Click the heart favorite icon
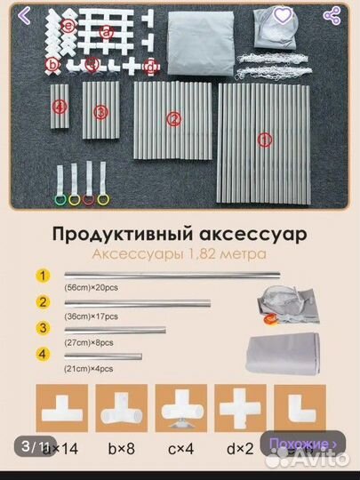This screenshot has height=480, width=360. click(282, 16)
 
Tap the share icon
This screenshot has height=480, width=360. click(333, 16)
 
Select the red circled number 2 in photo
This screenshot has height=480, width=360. click(174, 118)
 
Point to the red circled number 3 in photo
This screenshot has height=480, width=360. click(100, 111)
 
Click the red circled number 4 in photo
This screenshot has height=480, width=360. click(60, 106)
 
